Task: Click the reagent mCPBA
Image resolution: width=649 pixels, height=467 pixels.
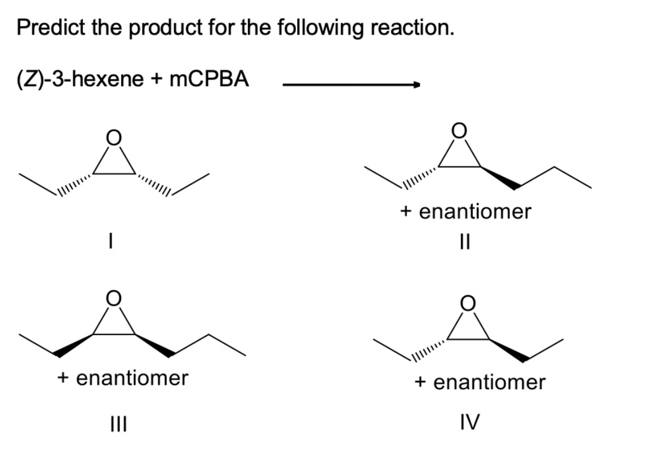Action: tap(210, 80)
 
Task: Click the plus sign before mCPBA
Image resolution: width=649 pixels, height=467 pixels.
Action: tap(157, 80)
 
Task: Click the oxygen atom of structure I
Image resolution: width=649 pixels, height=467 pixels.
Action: tap(113, 137)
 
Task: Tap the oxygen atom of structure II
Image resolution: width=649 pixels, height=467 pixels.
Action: tap(459, 130)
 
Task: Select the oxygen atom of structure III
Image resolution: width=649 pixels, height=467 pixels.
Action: tap(113, 298)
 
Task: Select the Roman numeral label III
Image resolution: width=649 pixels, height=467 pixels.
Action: tap(118, 422)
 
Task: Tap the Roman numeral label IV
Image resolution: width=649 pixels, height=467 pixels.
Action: tap(470, 421)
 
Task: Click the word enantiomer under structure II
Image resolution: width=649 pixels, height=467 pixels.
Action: tap(475, 212)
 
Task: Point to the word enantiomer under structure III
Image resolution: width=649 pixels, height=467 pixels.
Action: tap(132, 378)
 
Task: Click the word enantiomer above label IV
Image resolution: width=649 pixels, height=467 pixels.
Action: tap(489, 382)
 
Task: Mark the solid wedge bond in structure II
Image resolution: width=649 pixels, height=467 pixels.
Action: tap(499, 178)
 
